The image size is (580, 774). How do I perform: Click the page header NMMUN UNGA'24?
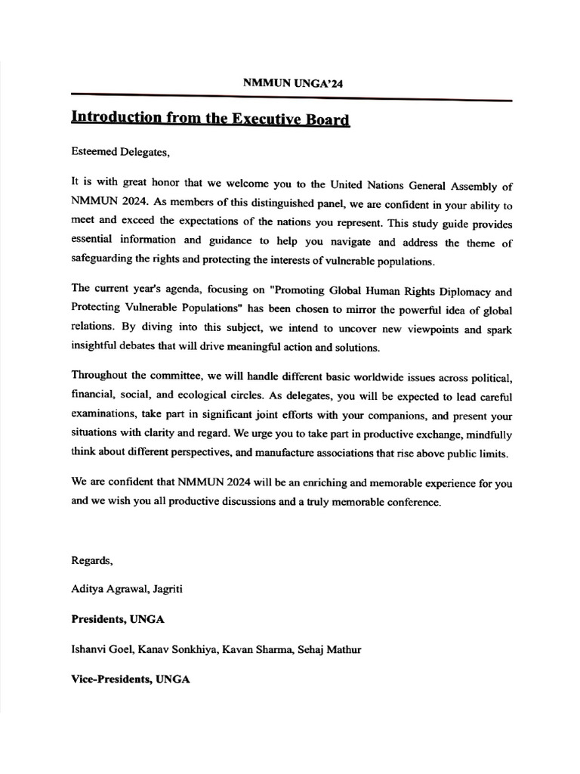pos(291,84)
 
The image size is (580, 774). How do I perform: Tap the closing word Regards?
pos(91,560)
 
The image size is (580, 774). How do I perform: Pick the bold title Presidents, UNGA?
pos(117,619)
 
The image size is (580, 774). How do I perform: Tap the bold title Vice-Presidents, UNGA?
pos(130,679)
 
